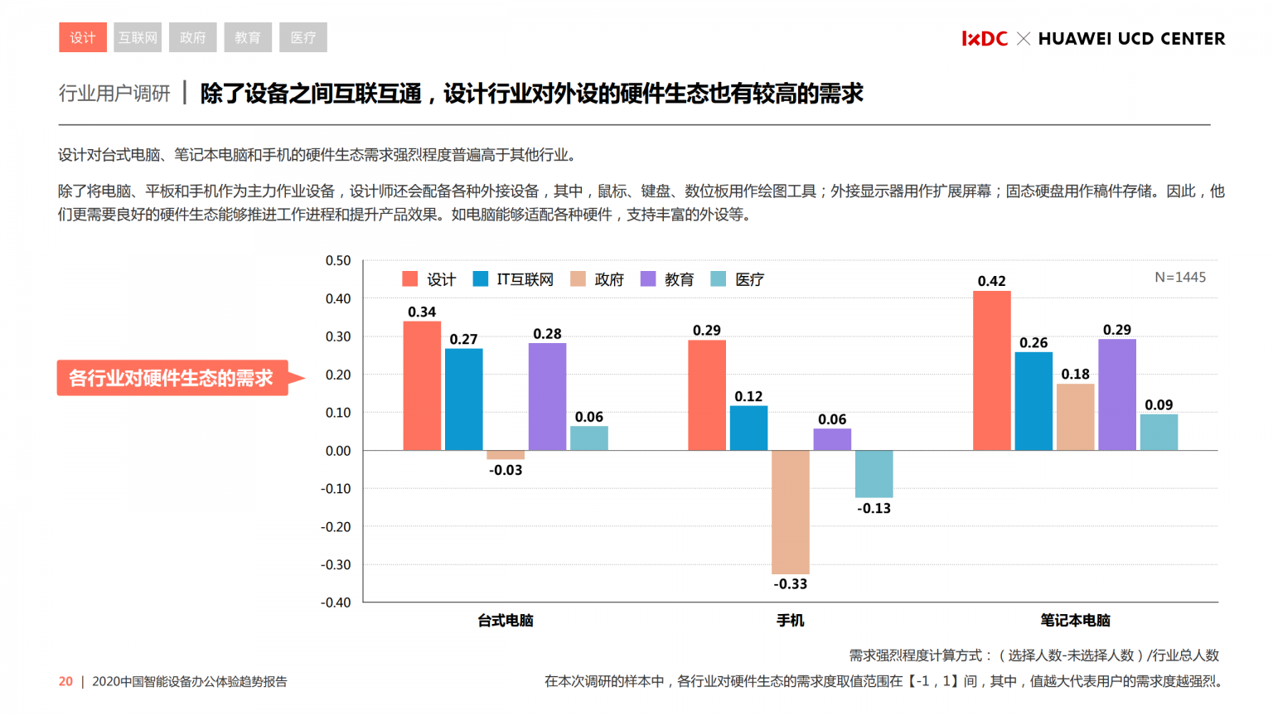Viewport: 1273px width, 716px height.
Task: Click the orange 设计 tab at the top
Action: (83, 37)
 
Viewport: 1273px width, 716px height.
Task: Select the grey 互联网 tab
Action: (138, 37)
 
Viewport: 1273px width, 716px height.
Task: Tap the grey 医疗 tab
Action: (303, 37)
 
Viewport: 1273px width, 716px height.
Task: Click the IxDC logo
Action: (985, 39)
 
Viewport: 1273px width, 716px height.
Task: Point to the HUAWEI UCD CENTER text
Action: (1131, 39)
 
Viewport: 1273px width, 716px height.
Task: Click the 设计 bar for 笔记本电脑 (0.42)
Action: (991, 370)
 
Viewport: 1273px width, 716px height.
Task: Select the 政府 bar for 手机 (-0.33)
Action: (790, 512)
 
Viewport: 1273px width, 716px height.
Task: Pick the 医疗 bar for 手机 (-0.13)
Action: (874, 474)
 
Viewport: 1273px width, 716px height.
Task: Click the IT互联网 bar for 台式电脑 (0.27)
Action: (463, 399)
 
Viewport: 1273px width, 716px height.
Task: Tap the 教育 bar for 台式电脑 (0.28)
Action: (547, 397)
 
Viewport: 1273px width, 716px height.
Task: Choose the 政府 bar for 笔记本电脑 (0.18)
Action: (1075, 417)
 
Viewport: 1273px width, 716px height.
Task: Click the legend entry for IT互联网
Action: (514, 279)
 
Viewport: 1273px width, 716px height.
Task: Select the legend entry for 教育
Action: (668, 279)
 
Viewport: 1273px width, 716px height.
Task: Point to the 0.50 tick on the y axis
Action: (338, 260)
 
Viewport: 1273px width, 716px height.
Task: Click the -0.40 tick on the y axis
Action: (336, 602)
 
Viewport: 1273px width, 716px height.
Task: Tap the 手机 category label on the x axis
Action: (790, 621)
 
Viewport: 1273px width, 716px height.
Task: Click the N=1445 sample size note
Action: (1180, 278)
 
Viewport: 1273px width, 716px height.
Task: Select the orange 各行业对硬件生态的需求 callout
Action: (172, 378)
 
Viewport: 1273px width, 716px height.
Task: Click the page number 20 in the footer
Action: (65, 681)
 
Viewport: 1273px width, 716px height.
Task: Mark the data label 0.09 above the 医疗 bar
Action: (1159, 405)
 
